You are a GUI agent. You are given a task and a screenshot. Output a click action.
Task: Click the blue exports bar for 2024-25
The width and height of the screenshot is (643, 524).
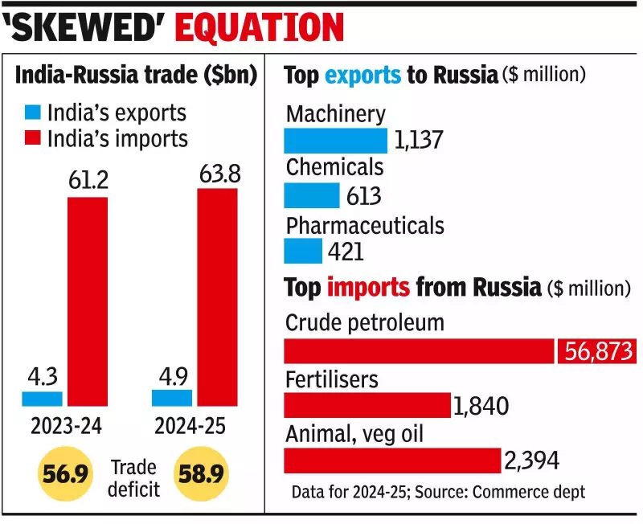[x=172, y=398]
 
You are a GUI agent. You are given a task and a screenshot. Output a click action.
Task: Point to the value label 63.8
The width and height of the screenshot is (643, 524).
[x=217, y=173]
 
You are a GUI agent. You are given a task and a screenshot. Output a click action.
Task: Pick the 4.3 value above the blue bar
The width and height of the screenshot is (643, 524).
[x=41, y=375]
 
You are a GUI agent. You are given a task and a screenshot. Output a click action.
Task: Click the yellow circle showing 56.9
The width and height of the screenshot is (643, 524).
[x=63, y=475]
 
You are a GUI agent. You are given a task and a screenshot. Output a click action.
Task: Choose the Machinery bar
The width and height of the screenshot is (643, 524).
[x=335, y=141]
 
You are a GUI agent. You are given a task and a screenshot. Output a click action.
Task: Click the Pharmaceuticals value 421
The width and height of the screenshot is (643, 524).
[x=346, y=252]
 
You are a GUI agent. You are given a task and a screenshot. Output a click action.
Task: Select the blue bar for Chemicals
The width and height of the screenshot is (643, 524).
[x=312, y=195]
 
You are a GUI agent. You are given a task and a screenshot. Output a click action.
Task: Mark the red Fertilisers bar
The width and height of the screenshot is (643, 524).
[x=367, y=406]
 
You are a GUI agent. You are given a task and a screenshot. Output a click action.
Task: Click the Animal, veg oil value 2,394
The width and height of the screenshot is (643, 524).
[x=532, y=461]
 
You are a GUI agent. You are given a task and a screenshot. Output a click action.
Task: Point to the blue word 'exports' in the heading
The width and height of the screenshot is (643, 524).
[x=362, y=76]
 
